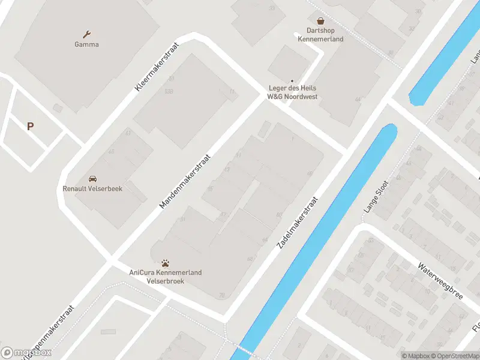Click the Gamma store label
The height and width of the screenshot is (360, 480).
86,44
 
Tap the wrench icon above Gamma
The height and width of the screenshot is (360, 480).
87,34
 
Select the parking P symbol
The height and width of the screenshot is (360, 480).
30,126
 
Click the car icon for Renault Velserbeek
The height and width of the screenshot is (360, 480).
92,179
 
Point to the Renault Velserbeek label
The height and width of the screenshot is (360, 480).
92,188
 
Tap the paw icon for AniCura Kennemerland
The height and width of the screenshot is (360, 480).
166,263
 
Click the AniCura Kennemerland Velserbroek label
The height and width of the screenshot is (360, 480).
166,277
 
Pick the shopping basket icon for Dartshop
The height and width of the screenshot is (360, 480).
320,20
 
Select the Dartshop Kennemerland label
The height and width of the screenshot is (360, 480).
320,35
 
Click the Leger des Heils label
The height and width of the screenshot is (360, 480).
292,93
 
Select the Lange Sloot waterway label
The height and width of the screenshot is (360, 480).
376,197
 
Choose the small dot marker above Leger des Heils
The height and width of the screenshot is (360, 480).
292,81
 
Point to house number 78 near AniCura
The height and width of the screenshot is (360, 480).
222,295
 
